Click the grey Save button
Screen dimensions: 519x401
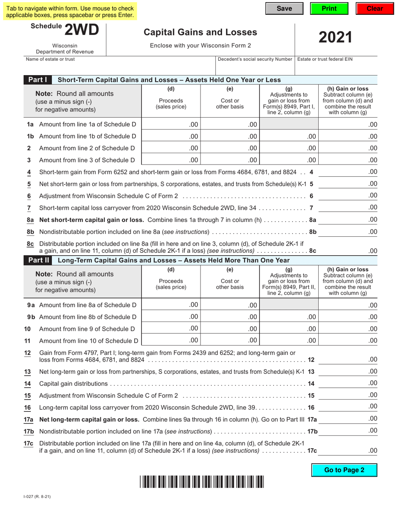284,9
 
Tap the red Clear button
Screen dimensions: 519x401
374,9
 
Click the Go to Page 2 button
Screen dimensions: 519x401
344,470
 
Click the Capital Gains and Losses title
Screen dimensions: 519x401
200,32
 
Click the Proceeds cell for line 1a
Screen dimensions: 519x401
171,124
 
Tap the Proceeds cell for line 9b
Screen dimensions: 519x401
171,317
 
